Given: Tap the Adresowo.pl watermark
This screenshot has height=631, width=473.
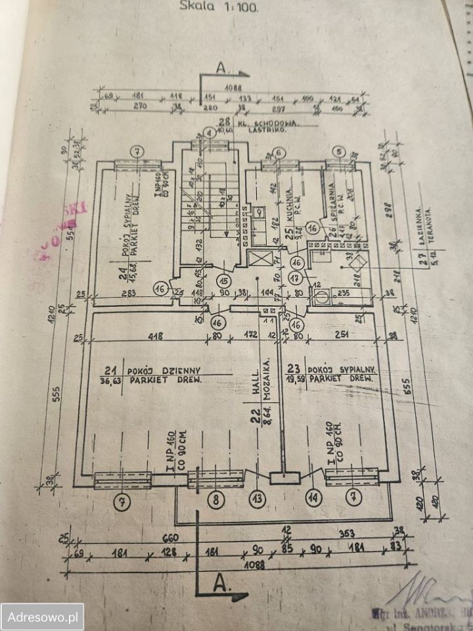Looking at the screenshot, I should pyautogui.click(x=42, y=617).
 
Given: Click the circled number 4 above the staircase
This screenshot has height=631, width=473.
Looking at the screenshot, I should pyautogui.click(x=209, y=133).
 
